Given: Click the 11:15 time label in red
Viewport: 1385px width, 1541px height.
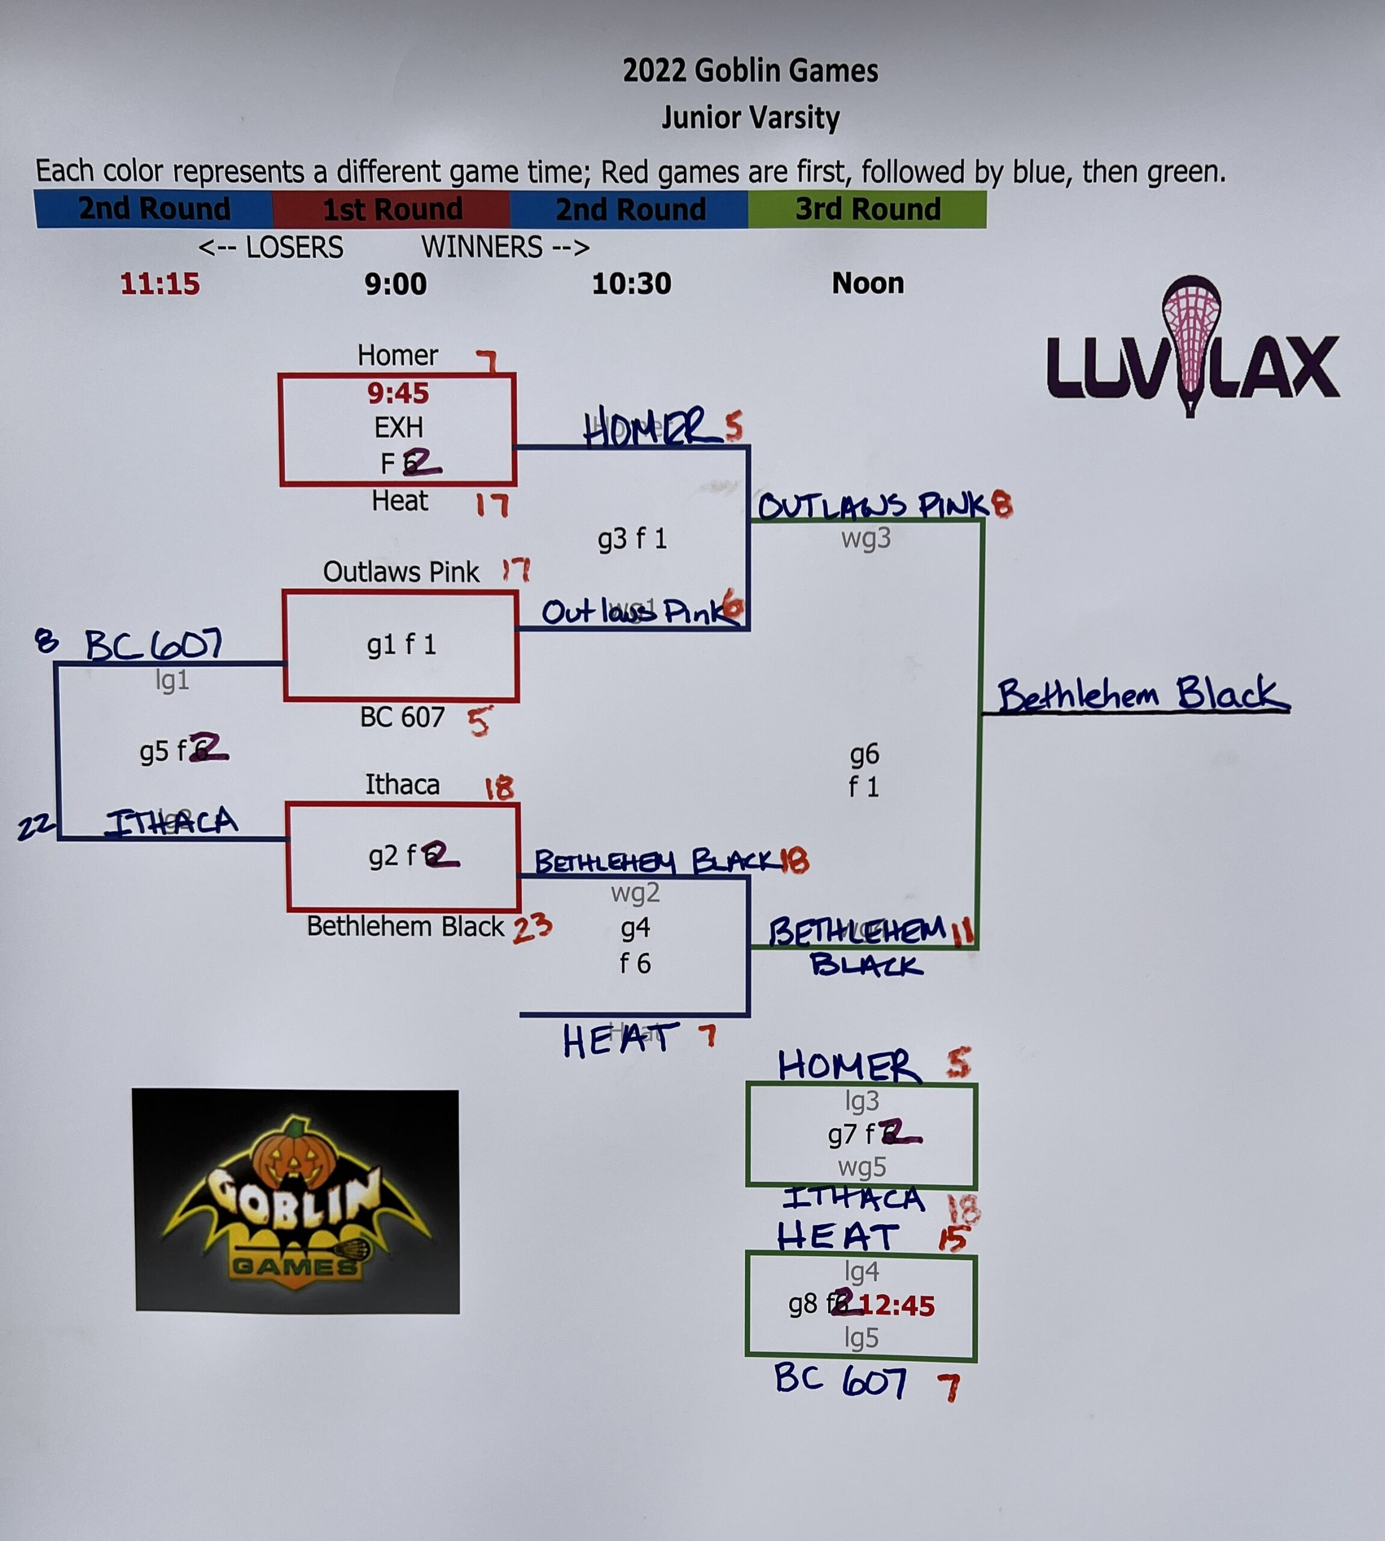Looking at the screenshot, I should click(160, 284).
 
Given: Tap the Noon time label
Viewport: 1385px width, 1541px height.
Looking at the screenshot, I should click(868, 284).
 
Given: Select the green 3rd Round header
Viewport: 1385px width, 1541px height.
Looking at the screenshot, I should click(868, 209).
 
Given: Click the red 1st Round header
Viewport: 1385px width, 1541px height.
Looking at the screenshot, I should click(391, 209).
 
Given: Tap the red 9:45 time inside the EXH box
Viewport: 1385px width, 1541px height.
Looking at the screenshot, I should click(398, 394).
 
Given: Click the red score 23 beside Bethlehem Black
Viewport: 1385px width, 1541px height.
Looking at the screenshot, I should click(532, 928).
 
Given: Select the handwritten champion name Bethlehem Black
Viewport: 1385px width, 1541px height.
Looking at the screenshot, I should click(1141, 695).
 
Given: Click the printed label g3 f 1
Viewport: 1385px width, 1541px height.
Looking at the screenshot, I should click(632, 539).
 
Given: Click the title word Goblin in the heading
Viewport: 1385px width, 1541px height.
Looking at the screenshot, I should click(730, 71).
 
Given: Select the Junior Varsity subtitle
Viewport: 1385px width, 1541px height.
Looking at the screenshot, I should click(750, 118).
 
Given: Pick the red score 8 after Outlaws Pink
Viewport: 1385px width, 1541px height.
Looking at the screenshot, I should click(1002, 505).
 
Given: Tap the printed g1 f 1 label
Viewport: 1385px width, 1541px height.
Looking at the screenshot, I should click(401, 645).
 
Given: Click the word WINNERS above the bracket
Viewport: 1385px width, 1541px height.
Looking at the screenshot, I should click(483, 247).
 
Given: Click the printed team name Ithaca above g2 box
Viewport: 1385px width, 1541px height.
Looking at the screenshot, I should click(402, 784).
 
